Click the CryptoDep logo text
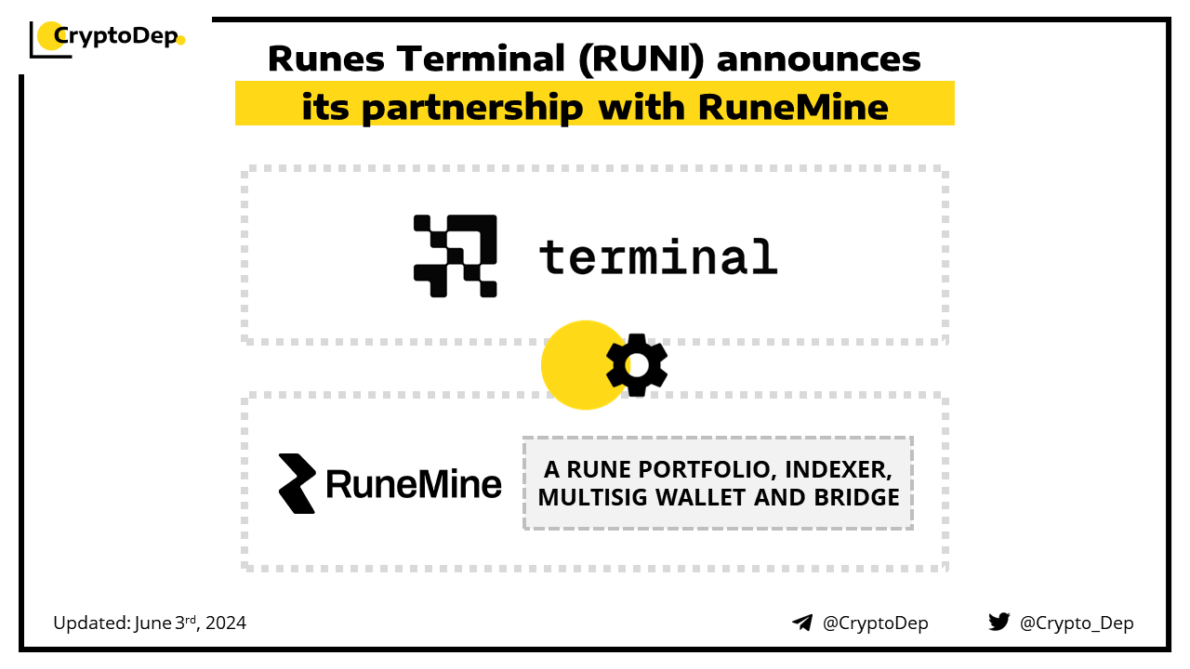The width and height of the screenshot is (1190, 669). coord(115,36)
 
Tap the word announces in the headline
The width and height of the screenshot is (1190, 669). coord(819,59)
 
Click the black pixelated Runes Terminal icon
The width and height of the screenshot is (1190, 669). coord(456,256)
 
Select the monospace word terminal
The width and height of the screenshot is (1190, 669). coord(657,256)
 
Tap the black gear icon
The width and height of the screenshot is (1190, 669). coord(637,365)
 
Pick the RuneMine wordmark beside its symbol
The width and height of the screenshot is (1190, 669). coord(414,484)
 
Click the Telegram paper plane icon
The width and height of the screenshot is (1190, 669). coord(802,623)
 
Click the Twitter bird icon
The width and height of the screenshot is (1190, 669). coord(998,623)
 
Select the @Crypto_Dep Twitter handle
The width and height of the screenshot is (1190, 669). coord(1077,623)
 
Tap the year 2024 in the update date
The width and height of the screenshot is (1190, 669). coord(226,623)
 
